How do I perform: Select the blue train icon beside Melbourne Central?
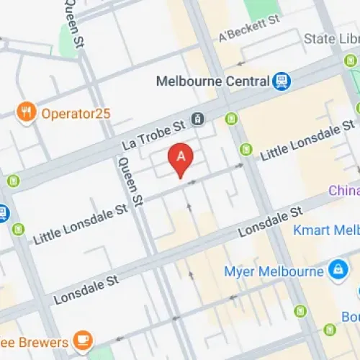[281, 81]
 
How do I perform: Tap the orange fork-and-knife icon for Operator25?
[27, 112]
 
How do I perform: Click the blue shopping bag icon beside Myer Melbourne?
[336, 271]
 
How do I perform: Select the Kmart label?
[326, 230]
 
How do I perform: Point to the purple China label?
[344, 191]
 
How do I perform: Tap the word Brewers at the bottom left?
[36, 341]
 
